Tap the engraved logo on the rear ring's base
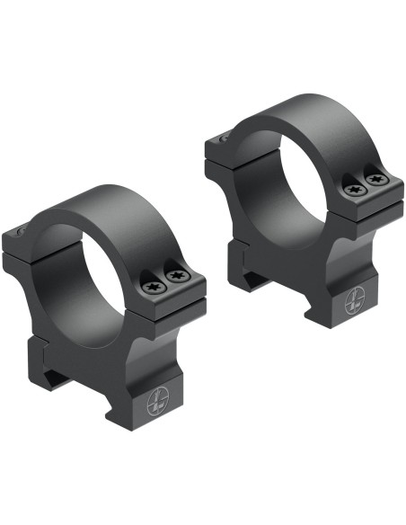pyautogui.click(x=353, y=306)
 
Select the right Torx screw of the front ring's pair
pyautogui.click(x=178, y=277)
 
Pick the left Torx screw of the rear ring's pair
pyautogui.click(x=352, y=190)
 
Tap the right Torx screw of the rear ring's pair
pyautogui.click(x=377, y=181)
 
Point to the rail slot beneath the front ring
pyautogui.click(x=67, y=378)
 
